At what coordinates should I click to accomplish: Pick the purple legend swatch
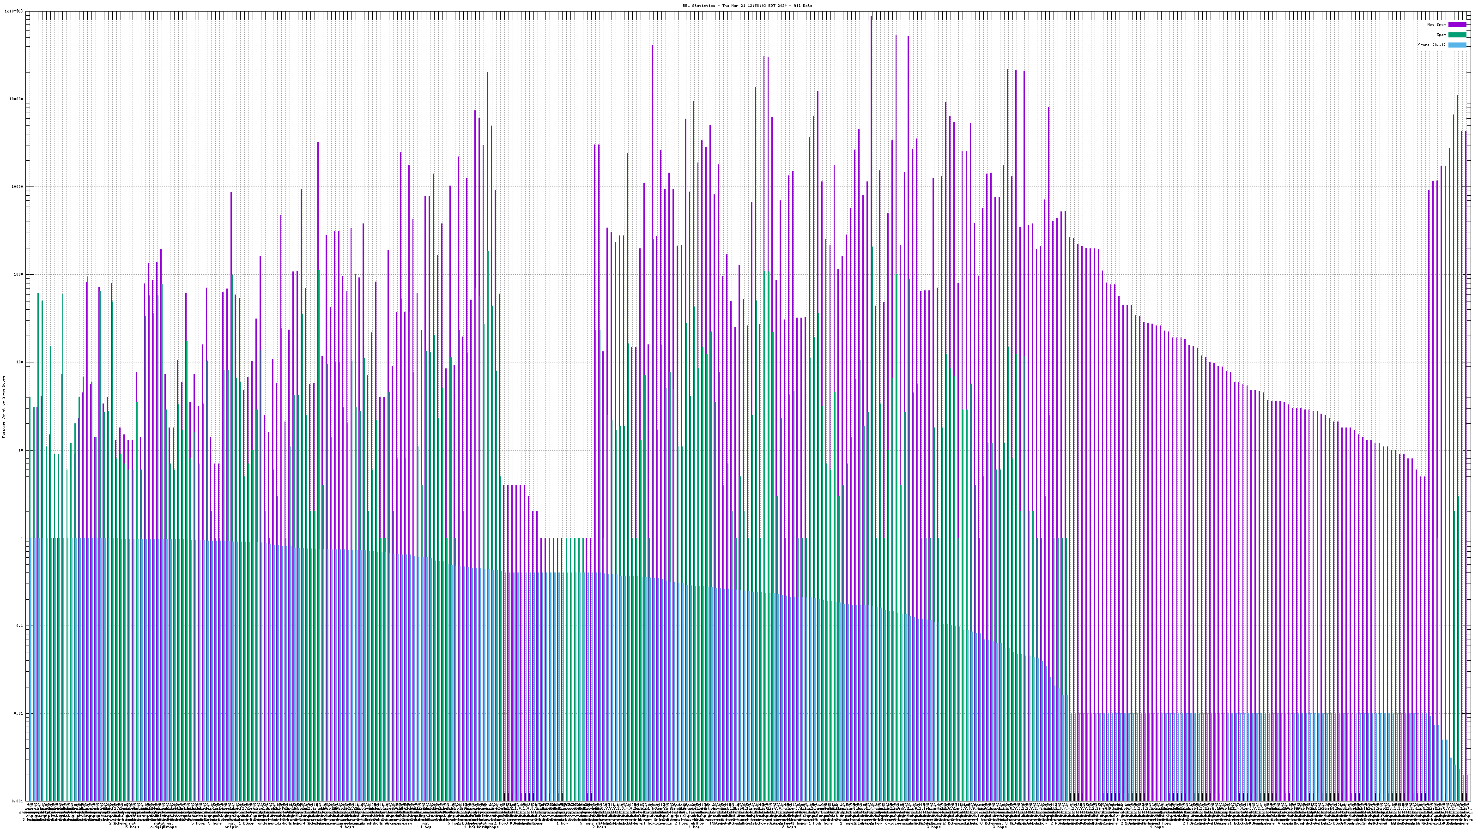tap(1457, 24)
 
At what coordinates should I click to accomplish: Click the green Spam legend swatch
tap(1457, 35)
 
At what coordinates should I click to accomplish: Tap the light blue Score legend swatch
tap(1457, 45)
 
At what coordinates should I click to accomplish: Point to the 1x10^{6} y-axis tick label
tap(14, 11)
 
